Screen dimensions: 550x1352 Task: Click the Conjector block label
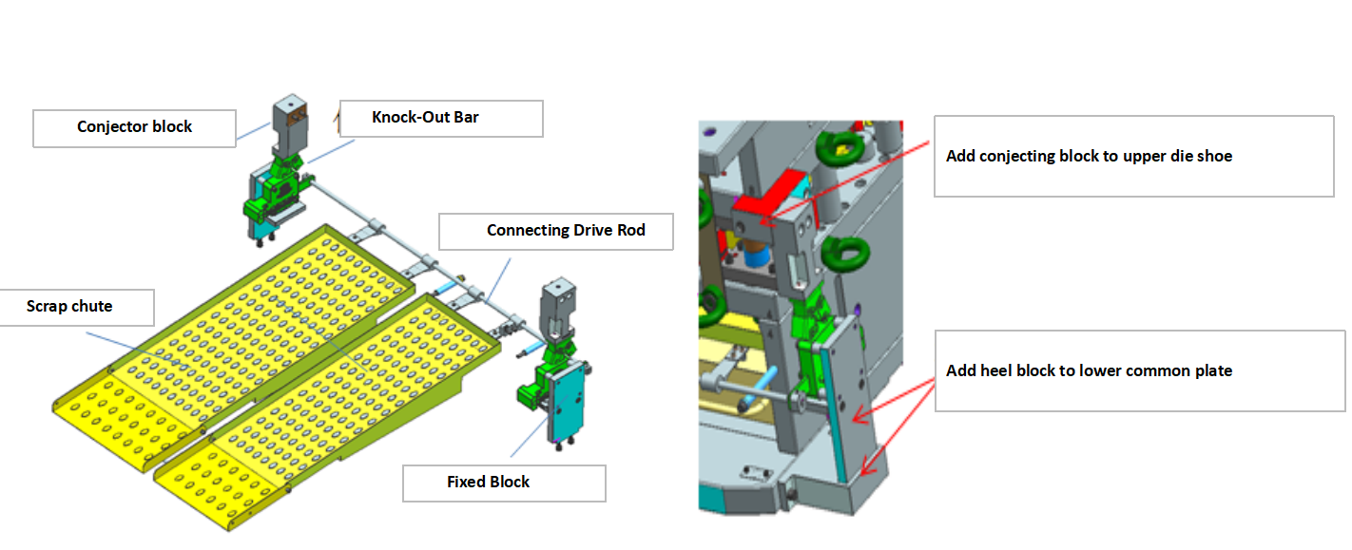134,127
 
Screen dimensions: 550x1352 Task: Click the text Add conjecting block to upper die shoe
1089,157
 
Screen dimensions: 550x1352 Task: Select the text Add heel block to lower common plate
1089,371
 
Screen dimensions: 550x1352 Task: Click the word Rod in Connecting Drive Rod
630,231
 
